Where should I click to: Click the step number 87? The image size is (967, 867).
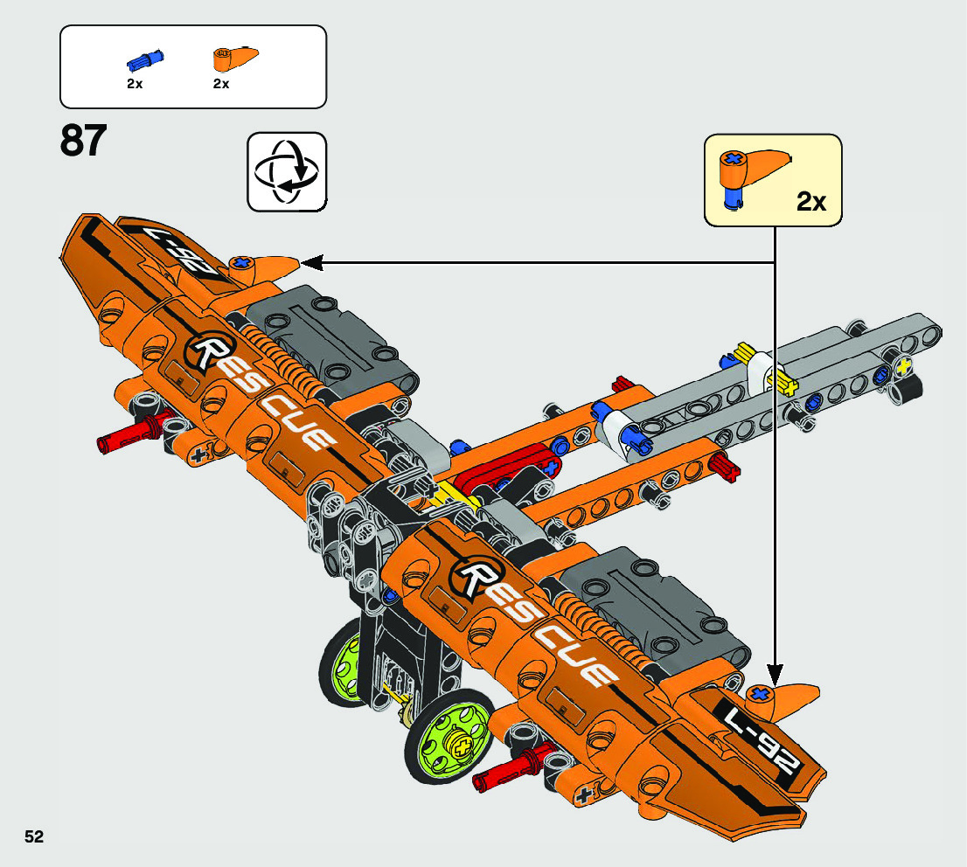click(x=84, y=141)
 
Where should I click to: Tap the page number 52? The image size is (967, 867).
click(x=34, y=836)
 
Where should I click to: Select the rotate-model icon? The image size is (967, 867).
click(x=286, y=171)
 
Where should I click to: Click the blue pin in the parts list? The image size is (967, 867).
click(x=145, y=60)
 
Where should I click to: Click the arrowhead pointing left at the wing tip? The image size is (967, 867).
click(x=310, y=261)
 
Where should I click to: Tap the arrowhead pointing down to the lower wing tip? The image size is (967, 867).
click(x=775, y=665)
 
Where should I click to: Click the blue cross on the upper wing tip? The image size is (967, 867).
click(x=240, y=262)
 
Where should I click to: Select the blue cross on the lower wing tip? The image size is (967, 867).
click(x=761, y=696)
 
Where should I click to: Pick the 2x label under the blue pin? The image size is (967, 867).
click(x=134, y=84)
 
